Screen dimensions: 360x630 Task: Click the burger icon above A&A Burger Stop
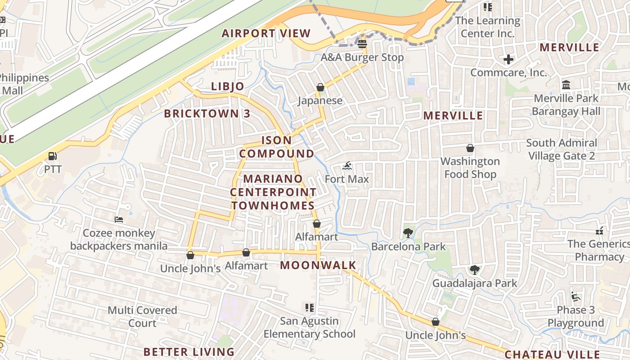click(x=362, y=44)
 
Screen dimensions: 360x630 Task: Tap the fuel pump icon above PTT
click(x=53, y=156)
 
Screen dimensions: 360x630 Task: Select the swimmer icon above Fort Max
click(x=347, y=166)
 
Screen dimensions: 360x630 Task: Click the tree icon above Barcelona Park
click(x=408, y=233)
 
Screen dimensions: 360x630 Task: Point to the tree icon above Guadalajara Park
click(x=474, y=270)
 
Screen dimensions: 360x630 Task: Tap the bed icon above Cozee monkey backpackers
click(x=119, y=220)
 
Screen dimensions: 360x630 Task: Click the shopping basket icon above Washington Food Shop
click(x=470, y=148)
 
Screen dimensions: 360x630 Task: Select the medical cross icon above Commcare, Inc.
click(x=508, y=59)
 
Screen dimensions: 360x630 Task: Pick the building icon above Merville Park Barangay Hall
click(x=566, y=85)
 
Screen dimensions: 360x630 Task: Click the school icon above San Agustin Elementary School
click(x=310, y=308)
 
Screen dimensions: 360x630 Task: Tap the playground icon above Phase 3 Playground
click(x=576, y=297)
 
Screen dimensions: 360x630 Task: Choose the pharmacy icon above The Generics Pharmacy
click(x=599, y=231)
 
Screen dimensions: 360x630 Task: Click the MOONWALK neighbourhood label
click(x=318, y=265)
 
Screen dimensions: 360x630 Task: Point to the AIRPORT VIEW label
click(x=266, y=33)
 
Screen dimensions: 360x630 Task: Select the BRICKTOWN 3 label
click(x=207, y=113)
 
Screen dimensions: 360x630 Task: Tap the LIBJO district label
click(x=228, y=86)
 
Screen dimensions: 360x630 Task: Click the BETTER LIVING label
click(x=189, y=351)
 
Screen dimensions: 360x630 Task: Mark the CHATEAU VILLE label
click(x=552, y=354)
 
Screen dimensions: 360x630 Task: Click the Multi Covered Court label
click(x=142, y=316)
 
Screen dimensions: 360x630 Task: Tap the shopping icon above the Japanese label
click(x=320, y=87)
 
